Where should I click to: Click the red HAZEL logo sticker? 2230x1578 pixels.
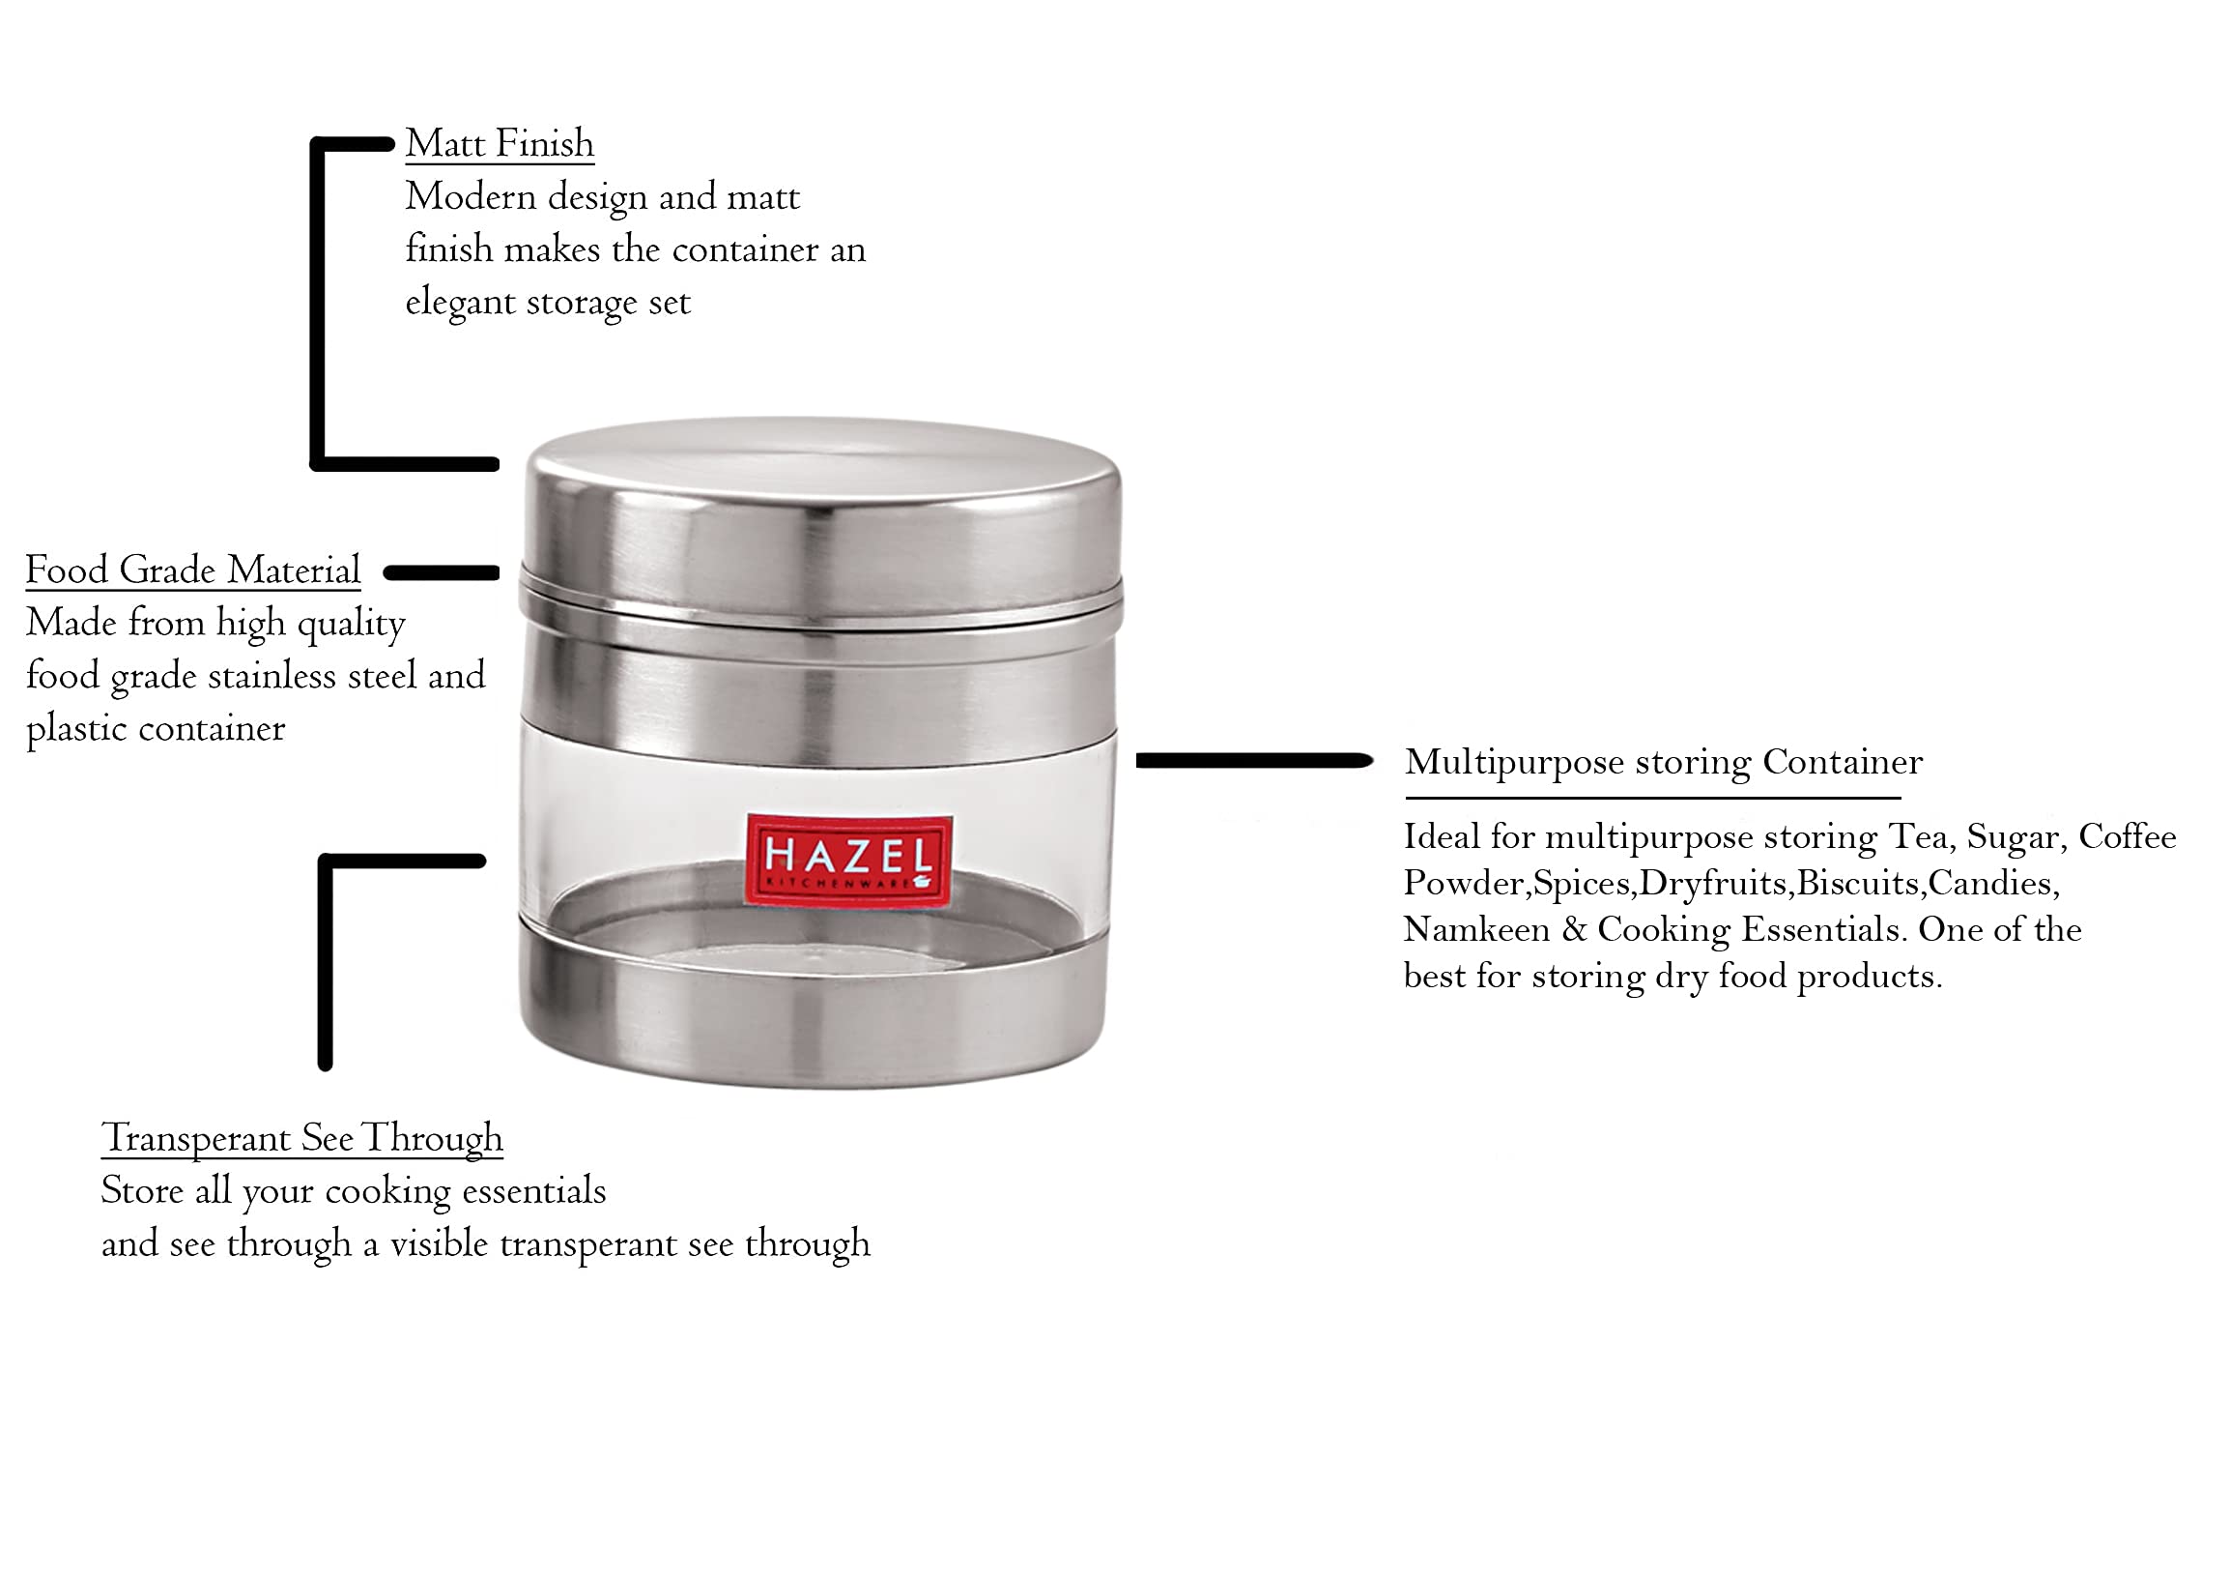click(848, 860)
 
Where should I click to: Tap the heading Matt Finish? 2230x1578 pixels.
click(500, 144)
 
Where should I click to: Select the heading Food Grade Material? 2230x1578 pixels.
click(192, 570)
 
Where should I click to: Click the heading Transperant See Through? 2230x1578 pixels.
click(302, 1138)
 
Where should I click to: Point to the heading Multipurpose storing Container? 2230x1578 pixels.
click(1663, 762)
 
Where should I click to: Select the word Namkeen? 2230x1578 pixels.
click(1476, 930)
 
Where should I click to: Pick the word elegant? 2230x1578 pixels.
click(460, 303)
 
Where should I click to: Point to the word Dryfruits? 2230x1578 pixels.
click(1714, 883)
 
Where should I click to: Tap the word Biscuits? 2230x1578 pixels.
click(1858, 883)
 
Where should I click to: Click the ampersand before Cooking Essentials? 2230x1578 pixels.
click(1573, 930)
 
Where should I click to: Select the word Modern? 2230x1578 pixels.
click(471, 197)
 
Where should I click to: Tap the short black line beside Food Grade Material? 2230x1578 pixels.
click(441, 573)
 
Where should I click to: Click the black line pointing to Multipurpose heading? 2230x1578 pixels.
click(1253, 761)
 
